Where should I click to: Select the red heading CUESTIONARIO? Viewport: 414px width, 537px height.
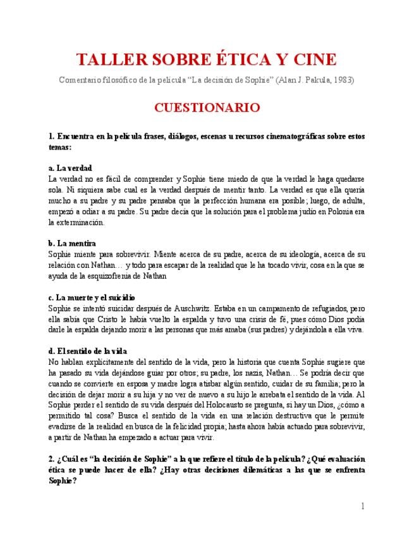pos(207,108)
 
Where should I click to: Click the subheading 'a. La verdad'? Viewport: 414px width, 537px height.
pos(70,168)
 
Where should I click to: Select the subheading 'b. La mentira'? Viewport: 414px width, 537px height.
pos(72,243)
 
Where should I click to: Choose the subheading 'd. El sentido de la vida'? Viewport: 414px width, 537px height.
pos(88,351)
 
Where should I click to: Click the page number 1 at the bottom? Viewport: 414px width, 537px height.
pos(363,506)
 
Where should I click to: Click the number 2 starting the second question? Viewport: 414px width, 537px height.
pos(51,458)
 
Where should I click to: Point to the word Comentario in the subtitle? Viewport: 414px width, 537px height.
pos(80,80)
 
